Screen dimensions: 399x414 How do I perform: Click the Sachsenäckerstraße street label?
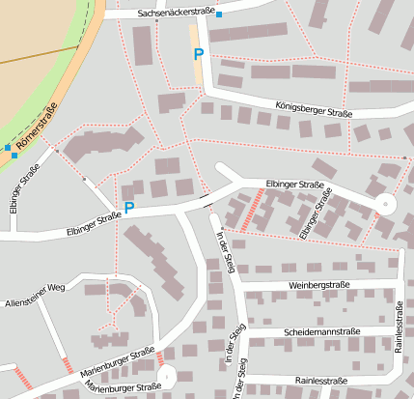click(176, 13)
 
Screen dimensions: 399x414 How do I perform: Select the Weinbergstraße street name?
click(321, 287)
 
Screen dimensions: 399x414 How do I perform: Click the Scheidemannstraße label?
click(321, 331)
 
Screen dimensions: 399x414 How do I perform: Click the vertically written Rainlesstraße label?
click(399, 326)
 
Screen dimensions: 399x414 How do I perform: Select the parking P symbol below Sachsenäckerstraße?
click(199, 55)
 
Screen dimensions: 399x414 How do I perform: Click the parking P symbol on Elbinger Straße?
click(129, 208)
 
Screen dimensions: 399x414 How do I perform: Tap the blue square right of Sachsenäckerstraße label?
click(219, 14)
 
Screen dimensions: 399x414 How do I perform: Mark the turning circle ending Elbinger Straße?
click(384, 204)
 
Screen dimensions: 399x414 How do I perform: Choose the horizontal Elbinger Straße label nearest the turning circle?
click(294, 184)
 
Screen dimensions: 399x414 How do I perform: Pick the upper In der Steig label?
click(224, 252)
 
